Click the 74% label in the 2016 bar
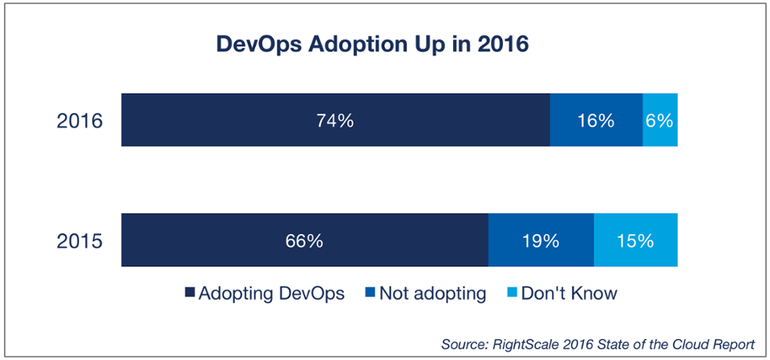point(335,120)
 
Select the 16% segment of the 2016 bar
point(596,120)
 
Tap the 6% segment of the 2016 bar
point(660,120)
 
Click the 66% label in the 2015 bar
point(305,240)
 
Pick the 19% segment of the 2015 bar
point(541,240)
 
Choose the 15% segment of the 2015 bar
point(635,240)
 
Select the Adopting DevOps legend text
point(272,293)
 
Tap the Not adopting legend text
point(432,293)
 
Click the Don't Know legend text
point(569,293)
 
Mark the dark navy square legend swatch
point(190,294)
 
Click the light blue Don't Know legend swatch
point(512,294)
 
